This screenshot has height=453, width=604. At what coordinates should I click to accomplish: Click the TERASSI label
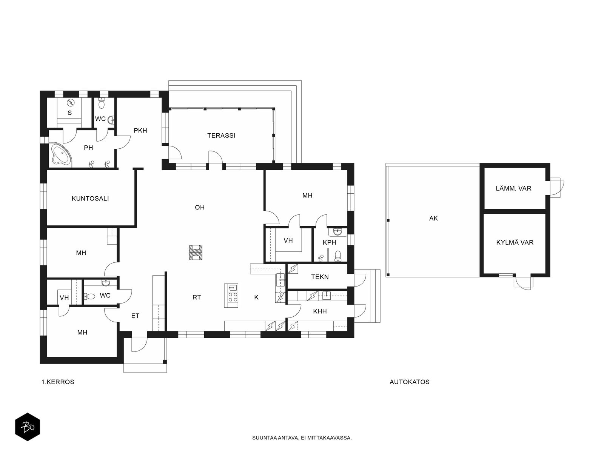(x=221, y=136)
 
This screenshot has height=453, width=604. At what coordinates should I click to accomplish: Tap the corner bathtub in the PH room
(x=60, y=155)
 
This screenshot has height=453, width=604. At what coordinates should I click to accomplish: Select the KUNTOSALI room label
(x=90, y=199)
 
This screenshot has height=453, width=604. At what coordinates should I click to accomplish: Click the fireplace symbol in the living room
(x=196, y=253)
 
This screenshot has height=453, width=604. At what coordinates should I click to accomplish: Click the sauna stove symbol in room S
(x=71, y=103)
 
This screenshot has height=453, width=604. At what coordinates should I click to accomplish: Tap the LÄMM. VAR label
(x=513, y=188)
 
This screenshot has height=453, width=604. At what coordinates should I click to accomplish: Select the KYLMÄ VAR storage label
(x=515, y=242)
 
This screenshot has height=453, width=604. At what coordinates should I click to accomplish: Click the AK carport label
(x=433, y=218)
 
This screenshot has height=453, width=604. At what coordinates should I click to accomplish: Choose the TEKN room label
(x=320, y=277)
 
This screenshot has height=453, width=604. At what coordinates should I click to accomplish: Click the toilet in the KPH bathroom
(x=338, y=256)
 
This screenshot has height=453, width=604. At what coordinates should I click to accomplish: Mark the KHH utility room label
(x=320, y=311)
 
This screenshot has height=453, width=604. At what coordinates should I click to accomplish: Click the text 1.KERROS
(x=58, y=382)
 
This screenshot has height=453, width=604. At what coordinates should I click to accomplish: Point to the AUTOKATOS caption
(x=409, y=382)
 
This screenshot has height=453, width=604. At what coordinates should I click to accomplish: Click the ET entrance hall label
(x=135, y=316)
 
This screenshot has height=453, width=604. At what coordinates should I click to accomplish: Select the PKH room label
(x=140, y=131)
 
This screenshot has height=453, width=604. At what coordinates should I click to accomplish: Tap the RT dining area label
(x=197, y=297)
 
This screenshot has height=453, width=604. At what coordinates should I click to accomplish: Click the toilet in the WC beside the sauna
(x=101, y=103)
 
